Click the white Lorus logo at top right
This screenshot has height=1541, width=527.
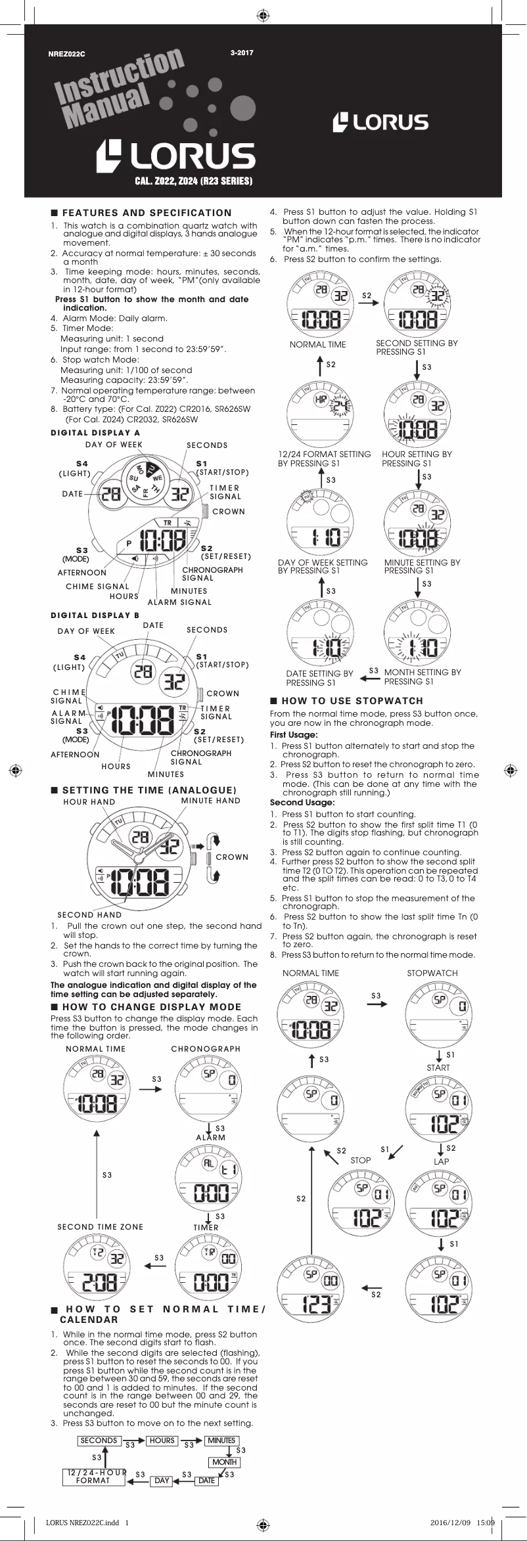(x=380, y=122)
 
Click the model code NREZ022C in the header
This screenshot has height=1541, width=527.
(x=66, y=54)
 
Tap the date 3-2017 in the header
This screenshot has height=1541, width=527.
(x=242, y=53)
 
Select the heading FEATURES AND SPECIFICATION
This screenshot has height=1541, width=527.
(x=147, y=213)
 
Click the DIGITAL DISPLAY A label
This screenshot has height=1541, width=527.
(x=95, y=433)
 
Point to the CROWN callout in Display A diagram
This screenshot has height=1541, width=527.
(x=228, y=512)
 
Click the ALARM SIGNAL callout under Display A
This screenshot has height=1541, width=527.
(x=179, y=602)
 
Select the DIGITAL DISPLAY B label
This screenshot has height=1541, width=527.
(x=95, y=615)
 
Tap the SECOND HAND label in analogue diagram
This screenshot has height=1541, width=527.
(x=89, y=915)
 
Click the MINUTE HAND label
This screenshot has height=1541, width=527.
(x=210, y=801)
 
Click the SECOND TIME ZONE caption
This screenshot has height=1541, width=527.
(x=100, y=1227)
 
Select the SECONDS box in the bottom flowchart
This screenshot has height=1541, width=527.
(x=99, y=1440)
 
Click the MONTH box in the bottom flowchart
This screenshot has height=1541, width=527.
(x=224, y=1462)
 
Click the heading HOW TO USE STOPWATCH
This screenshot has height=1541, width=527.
(x=352, y=701)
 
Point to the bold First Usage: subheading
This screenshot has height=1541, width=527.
(x=294, y=735)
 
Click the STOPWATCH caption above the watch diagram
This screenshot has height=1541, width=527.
(x=432, y=973)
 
